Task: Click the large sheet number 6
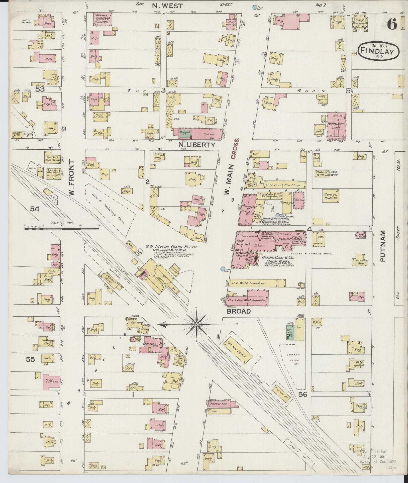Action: (392, 25)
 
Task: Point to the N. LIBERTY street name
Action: (197, 145)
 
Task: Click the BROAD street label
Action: (239, 311)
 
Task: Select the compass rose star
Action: (197, 324)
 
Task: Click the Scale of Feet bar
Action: (62, 228)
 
